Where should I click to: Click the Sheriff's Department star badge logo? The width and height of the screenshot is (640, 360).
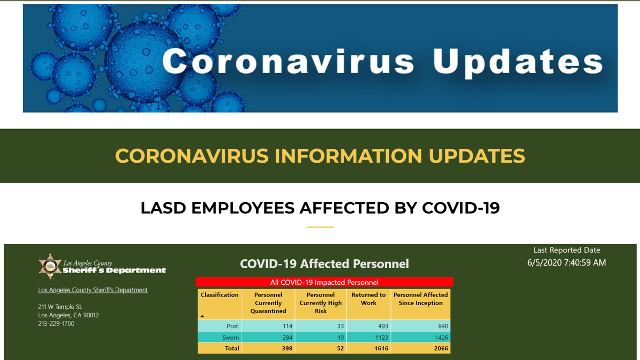[50, 266]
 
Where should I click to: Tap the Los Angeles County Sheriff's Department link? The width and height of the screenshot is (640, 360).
[93, 290]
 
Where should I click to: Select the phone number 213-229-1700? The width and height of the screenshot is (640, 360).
[57, 324]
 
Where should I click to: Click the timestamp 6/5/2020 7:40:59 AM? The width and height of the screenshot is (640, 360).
[566, 262]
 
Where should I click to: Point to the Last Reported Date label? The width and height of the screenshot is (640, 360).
[566, 250]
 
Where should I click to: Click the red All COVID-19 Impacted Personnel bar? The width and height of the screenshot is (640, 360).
[324, 282]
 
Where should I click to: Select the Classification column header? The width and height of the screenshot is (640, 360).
[219, 295]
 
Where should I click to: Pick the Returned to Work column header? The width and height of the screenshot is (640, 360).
[369, 299]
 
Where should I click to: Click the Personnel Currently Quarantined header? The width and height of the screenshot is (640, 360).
[268, 303]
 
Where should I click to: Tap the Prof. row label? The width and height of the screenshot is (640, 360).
[233, 326]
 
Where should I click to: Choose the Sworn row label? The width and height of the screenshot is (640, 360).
[230, 338]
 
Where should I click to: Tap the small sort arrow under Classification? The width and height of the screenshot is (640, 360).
[202, 316]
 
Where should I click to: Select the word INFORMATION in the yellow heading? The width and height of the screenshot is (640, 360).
[348, 156]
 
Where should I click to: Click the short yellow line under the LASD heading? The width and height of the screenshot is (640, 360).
[320, 227]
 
